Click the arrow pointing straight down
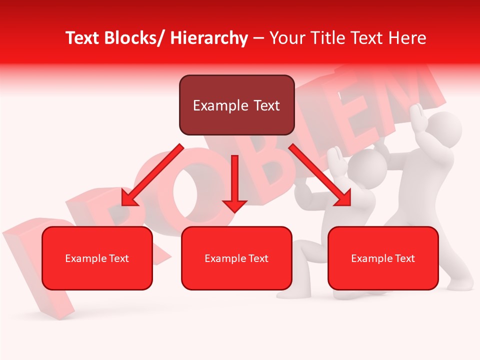[234, 185]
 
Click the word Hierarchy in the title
[209, 38]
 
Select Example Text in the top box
[236, 105]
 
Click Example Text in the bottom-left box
[97, 258]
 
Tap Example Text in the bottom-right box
[383, 258]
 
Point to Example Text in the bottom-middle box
[236, 258]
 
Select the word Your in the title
[287, 38]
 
